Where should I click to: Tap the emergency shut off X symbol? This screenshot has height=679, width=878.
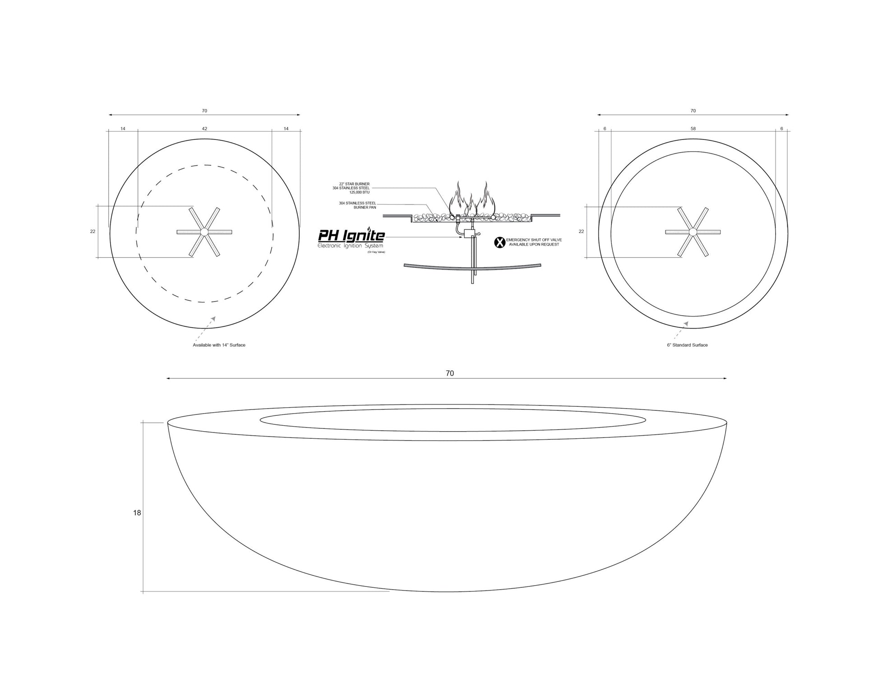coord(499,242)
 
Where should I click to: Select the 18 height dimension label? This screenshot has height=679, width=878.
coord(137,513)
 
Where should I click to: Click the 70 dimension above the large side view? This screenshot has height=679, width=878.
coord(449,373)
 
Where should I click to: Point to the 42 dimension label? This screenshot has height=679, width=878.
coord(204,129)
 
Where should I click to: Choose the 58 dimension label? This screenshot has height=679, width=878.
coord(693,129)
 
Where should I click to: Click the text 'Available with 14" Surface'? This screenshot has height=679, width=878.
coord(219,345)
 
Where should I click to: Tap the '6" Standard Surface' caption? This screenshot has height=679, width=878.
coord(687,345)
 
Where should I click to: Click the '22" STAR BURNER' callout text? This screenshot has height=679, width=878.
coord(354,184)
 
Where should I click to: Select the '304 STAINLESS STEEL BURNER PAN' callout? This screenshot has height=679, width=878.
coord(357,205)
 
